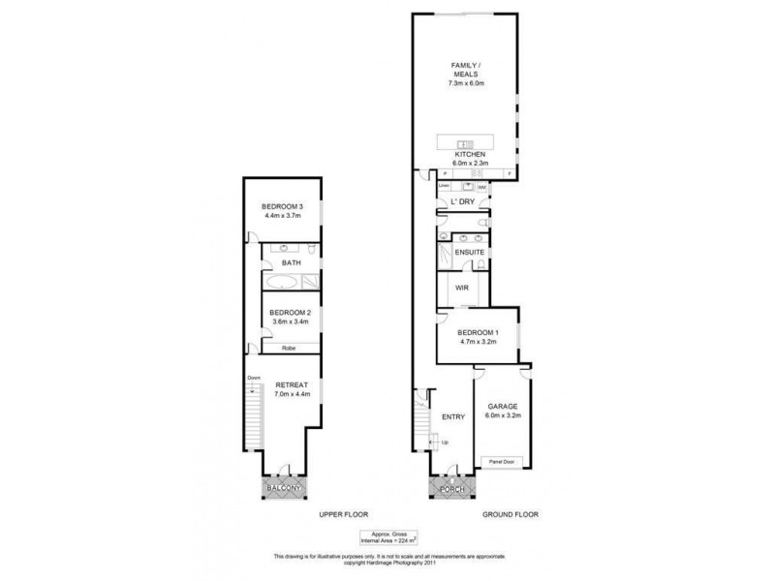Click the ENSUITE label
469,253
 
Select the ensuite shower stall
446,254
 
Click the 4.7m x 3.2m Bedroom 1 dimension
477,342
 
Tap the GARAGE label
502,406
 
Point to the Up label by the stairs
444,443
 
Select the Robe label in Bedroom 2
288,348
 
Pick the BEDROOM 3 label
282,208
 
